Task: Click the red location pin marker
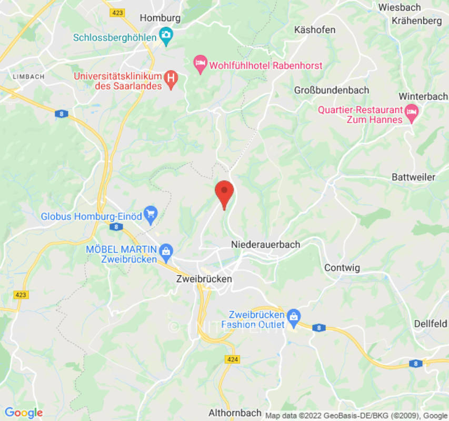[225, 193]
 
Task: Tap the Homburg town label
[160, 18]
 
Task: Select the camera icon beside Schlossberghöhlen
[166, 37]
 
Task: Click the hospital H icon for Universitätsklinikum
[171, 79]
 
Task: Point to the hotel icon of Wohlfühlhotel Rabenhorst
[200, 65]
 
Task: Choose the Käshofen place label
[315, 30]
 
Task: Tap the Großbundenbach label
[332, 90]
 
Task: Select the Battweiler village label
[413, 177]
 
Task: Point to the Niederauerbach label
[265, 245]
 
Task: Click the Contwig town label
[342, 268]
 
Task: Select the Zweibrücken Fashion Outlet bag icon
[294, 316]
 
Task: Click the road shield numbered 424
[232, 359]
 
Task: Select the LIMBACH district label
[28, 76]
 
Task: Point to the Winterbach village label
[423, 97]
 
